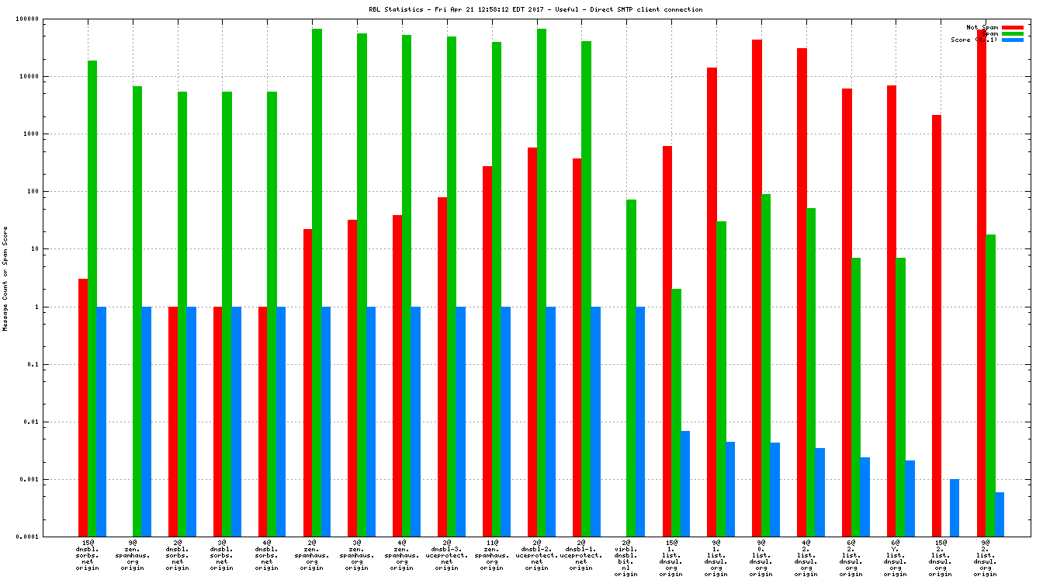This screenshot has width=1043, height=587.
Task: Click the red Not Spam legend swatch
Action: coord(1013,27)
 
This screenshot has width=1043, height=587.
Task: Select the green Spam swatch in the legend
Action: coord(1013,33)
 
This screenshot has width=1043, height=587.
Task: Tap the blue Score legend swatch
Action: coord(1013,40)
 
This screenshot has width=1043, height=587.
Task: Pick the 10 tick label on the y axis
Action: coord(35,249)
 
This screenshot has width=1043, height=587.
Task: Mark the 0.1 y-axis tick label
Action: coord(33,364)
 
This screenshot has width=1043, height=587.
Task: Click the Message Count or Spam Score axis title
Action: coord(5,279)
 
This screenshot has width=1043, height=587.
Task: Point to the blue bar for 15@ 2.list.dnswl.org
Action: coord(955,507)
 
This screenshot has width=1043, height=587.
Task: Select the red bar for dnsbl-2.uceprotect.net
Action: coord(532,342)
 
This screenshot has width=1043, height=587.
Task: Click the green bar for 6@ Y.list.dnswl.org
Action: coord(900,396)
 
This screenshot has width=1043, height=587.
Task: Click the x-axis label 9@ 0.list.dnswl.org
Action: coord(761,558)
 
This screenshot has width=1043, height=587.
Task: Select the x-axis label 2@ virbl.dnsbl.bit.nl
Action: coord(626,558)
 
